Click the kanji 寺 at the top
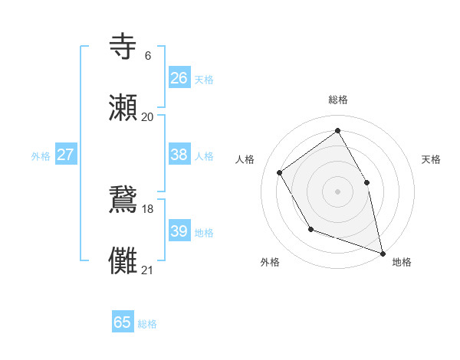[123, 47]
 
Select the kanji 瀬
[123, 108]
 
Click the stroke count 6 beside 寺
[148, 55]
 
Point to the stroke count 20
[148, 116]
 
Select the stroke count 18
[148, 208]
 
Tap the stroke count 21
[148, 270]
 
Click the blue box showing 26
[179, 77]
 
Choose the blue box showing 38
[179, 155]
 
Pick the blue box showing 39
[179, 231]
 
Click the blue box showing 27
[66, 155]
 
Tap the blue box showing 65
[123, 322]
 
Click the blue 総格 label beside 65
[147, 324]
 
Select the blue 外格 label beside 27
[41, 156]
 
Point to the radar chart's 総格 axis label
[337, 100]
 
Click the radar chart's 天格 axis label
[431, 159]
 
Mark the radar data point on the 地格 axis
[383, 252]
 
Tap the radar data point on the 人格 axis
[280, 172]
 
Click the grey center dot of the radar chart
[337, 191]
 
